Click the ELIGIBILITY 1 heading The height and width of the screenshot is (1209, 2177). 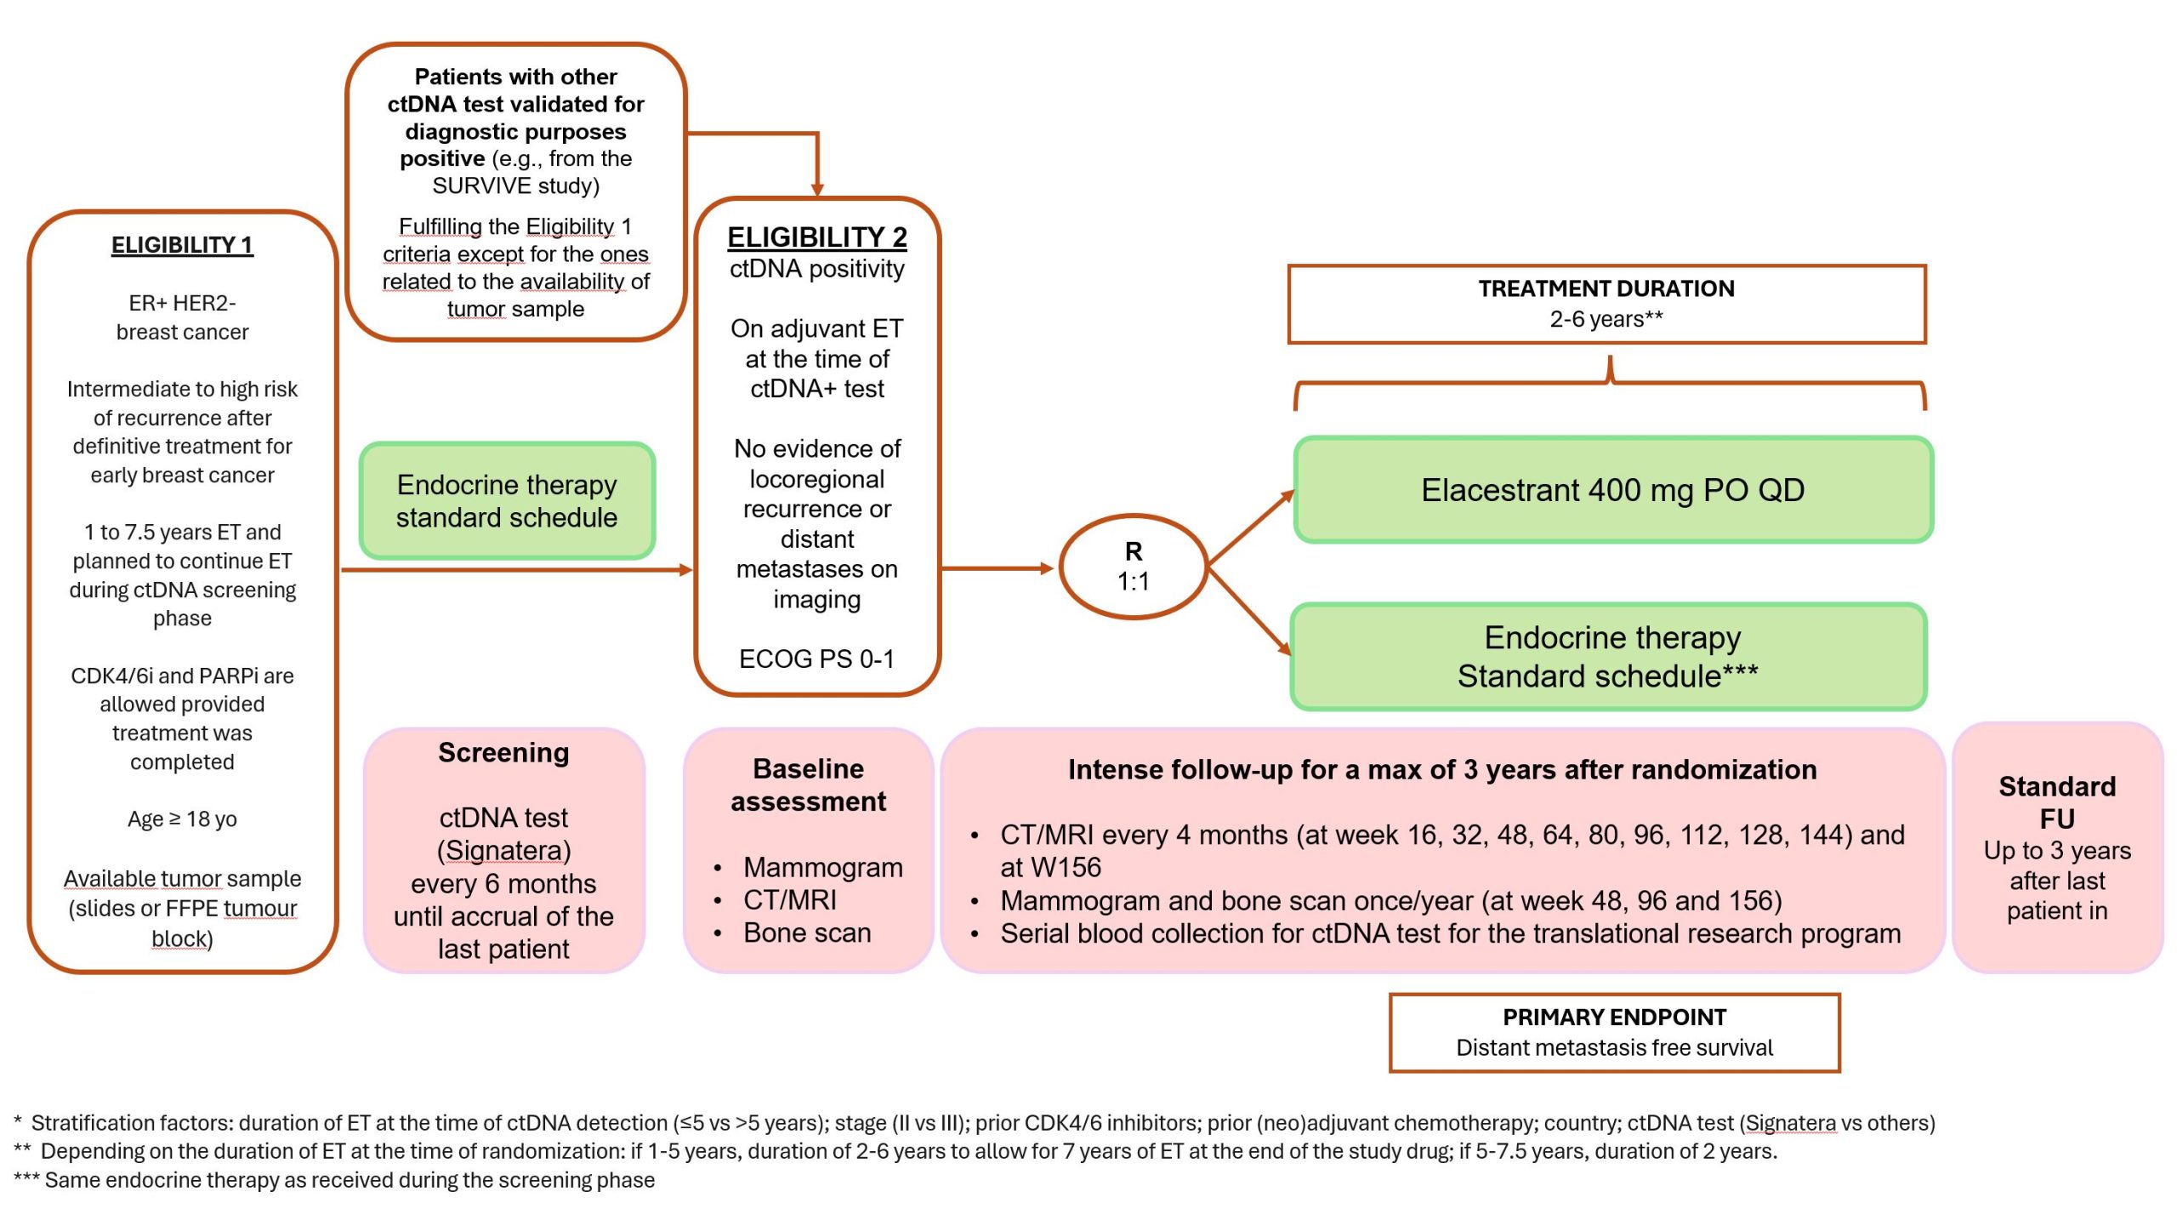coord(182,245)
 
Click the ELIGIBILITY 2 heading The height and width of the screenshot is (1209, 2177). coord(816,237)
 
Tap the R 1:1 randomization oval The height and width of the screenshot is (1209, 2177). coord(1133,567)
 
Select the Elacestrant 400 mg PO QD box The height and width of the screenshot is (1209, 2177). coord(1612,490)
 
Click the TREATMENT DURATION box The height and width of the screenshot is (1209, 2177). coord(1606,304)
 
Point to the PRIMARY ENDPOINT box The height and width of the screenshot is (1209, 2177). coord(1614,1032)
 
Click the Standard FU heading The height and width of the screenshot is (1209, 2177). coord(2056,801)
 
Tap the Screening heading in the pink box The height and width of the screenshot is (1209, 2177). coord(503,753)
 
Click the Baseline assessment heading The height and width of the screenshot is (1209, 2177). coord(808,784)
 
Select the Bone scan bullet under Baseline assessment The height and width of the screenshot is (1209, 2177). coord(806,932)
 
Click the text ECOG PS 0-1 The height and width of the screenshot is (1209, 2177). coord(816,659)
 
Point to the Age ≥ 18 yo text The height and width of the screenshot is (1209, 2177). coord(182,818)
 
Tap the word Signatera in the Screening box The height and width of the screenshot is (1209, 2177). coord(503,850)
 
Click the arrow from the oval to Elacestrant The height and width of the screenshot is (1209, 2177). coord(1250,528)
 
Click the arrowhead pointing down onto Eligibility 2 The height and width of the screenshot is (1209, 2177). coord(817,189)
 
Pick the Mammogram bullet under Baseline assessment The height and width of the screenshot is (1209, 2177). coord(822,867)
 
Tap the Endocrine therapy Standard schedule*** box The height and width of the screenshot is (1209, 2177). coord(1607,657)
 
